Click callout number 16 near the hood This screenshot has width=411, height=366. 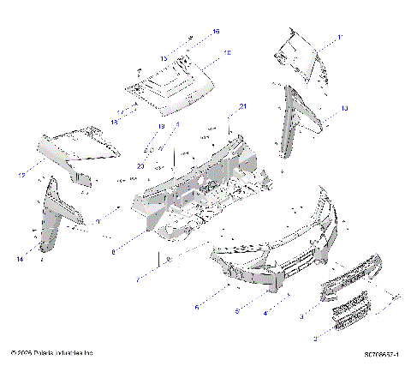(x=216, y=31)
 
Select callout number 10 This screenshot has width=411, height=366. (x=227, y=53)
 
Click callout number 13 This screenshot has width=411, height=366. (x=344, y=109)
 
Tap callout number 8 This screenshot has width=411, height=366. (x=113, y=252)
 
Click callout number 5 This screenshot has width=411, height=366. (x=238, y=311)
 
